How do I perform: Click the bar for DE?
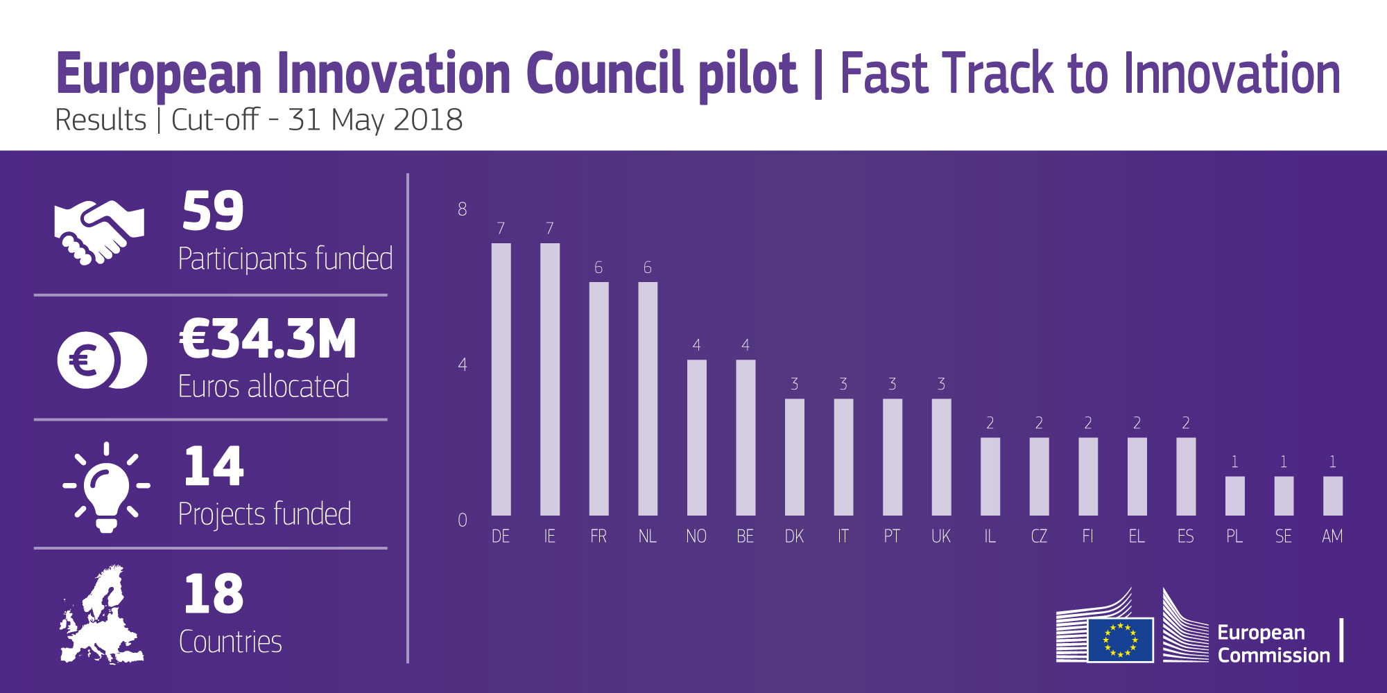[501, 379]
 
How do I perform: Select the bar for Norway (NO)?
[696, 437]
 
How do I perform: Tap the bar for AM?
[1332, 495]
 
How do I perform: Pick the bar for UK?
[941, 457]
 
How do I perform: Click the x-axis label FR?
[598, 536]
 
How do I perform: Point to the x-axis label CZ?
[1039, 536]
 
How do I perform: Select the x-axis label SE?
[1284, 536]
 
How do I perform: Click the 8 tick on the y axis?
[463, 209]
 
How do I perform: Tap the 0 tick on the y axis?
[463, 520]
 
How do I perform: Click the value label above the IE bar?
[550, 229]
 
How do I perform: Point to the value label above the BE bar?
[746, 345]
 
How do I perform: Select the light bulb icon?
[106, 487]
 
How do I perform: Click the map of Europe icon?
[101, 615]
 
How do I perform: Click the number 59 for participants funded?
[213, 211]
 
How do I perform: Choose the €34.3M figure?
[268, 340]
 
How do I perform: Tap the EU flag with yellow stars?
[1120, 639]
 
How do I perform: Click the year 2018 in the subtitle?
[427, 120]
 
